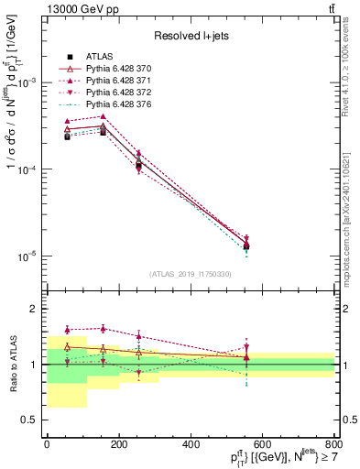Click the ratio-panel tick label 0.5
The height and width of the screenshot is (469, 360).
[29, 420]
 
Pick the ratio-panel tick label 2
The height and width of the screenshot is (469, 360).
[33, 309]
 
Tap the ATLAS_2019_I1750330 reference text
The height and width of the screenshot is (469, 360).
[190, 274]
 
